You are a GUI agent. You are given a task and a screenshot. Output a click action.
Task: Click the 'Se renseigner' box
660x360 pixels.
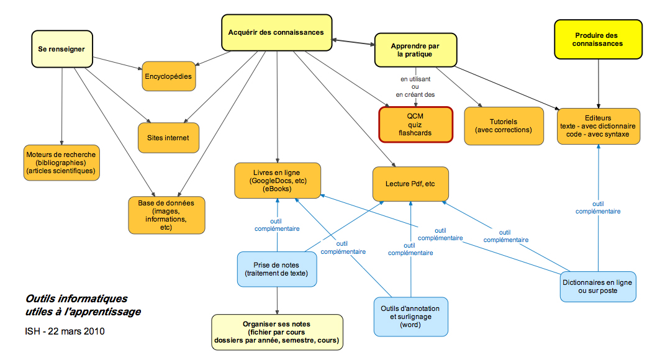61,49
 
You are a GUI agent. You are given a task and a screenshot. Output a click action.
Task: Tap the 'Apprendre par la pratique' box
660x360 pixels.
415,50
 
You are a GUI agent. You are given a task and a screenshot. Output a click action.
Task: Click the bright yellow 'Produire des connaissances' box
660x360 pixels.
598,40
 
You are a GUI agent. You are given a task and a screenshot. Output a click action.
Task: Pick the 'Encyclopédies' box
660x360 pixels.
168,76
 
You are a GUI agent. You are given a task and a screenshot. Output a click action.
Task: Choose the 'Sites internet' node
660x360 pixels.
168,137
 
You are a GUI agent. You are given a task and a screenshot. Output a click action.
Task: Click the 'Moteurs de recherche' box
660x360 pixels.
61,162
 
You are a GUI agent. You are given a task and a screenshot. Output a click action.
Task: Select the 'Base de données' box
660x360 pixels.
166,215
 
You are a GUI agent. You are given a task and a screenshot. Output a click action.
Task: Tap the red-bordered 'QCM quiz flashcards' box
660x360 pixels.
415,124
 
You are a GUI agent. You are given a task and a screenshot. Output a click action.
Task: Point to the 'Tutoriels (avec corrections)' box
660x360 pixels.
503,126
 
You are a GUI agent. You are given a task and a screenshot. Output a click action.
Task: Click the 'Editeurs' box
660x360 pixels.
598,126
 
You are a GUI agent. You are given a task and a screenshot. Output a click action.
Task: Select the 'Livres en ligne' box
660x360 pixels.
278,180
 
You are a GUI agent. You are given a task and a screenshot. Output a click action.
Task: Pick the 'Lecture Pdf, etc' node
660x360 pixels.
410,183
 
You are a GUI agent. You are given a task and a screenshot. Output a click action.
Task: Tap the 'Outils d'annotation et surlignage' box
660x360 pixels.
410,317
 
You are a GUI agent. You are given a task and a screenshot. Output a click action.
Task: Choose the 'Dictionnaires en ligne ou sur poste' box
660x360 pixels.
598,287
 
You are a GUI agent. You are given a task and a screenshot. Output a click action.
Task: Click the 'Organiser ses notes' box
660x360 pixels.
277,332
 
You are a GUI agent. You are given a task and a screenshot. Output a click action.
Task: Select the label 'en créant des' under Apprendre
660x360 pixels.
415,95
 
